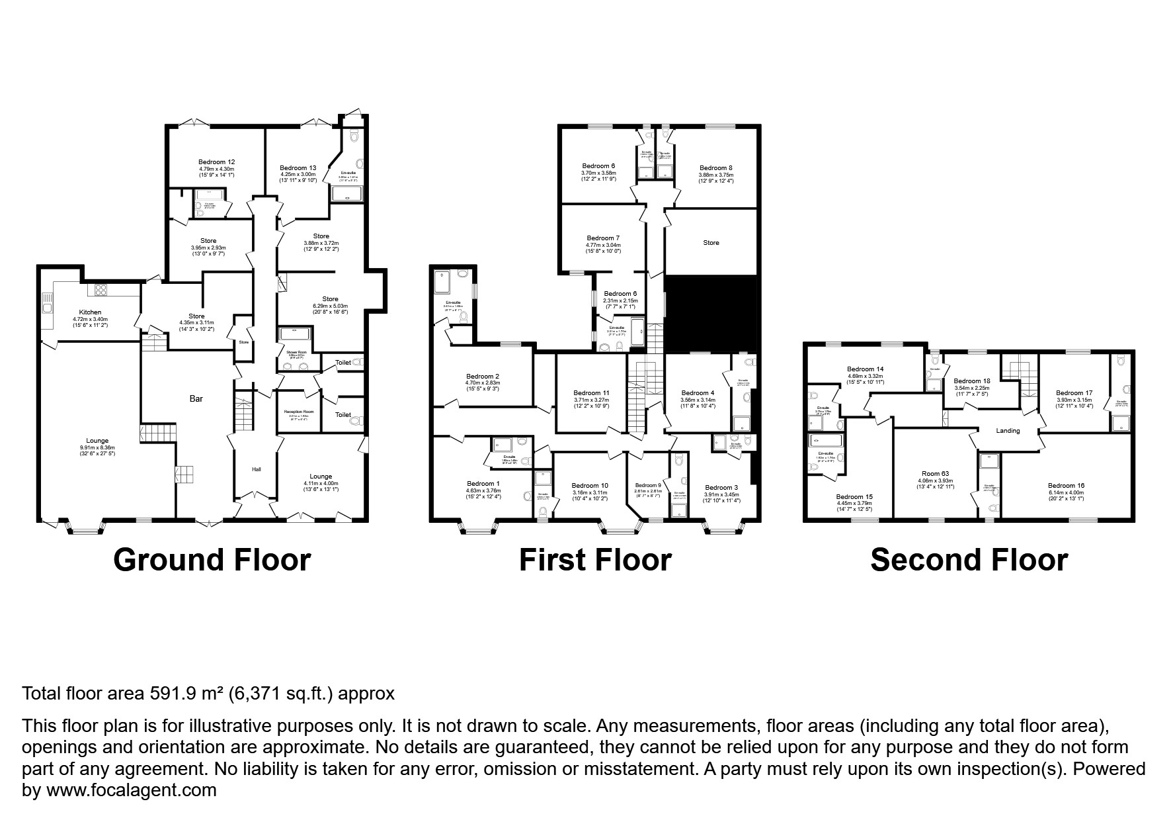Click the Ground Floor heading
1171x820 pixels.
coord(212,560)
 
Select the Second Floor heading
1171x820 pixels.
coord(969,560)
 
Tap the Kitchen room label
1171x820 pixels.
coord(90,312)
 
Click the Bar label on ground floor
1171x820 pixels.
coord(196,399)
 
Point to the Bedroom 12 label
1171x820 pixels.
coord(216,162)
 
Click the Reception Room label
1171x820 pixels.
coord(299,412)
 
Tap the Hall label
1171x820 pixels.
coord(257,469)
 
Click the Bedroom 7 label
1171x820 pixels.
coord(603,238)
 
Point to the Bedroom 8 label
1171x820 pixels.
coord(715,168)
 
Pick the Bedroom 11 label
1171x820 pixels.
coord(591,392)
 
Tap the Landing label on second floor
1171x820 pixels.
coord(1008,431)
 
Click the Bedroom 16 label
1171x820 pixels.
coord(1066,485)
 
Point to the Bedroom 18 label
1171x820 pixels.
coord(972,381)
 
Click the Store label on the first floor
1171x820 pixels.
coord(711,243)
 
